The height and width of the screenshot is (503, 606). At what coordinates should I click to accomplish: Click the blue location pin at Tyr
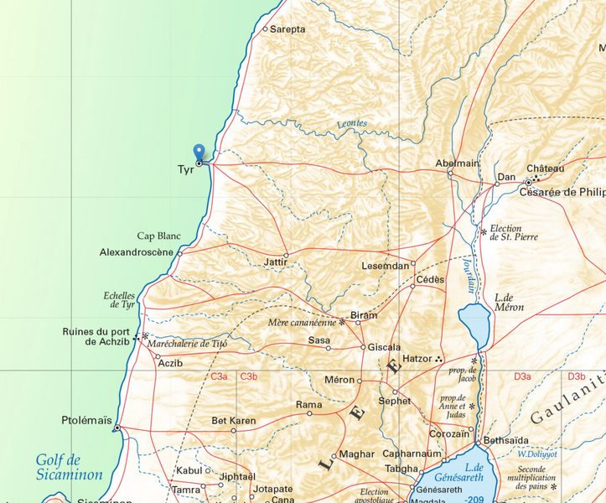[x=199, y=152]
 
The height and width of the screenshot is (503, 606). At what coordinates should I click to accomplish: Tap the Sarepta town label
[x=287, y=29]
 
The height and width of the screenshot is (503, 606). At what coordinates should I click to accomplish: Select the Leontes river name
[x=352, y=124]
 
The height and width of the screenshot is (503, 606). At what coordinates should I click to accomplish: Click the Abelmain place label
[x=458, y=163]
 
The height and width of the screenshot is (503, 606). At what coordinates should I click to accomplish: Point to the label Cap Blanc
[x=159, y=236]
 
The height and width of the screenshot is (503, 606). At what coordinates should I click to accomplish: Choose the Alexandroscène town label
[x=136, y=252]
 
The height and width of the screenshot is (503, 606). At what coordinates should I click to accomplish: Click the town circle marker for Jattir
[x=286, y=255]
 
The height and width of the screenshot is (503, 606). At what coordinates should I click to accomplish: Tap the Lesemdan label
[x=386, y=266]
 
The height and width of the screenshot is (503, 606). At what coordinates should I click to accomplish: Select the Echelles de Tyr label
[x=119, y=299]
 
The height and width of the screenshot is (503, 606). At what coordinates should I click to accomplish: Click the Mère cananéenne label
[x=302, y=323]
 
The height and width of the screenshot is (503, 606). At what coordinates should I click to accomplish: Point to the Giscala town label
[x=385, y=347]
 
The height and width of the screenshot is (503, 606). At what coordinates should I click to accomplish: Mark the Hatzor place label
[x=417, y=359]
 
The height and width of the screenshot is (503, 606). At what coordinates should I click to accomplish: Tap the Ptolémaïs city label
[x=86, y=420]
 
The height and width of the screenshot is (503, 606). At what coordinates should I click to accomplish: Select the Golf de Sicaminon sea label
[x=69, y=467]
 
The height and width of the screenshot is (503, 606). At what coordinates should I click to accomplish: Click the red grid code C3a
[x=220, y=377]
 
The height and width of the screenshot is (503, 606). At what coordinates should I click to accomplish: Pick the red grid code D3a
[x=522, y=377]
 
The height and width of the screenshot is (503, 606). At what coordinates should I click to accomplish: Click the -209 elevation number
[x=474, y=499]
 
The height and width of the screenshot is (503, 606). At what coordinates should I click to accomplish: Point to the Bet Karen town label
[x=234, y=420]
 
